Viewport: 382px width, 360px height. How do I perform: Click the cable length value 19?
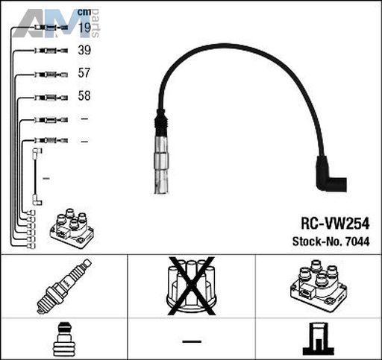(84, 28)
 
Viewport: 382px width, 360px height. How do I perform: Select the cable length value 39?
(84, 50)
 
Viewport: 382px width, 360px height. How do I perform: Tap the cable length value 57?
(84, 73)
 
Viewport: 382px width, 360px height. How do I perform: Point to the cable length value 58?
(84, 95)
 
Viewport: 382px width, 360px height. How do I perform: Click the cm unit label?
(84, 12)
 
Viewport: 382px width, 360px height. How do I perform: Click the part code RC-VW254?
(335, 224)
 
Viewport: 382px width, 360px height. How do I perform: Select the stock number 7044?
(357, 241)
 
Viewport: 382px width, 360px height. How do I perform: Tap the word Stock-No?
(318, 241)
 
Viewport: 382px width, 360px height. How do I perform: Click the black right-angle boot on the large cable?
(331, 174)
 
